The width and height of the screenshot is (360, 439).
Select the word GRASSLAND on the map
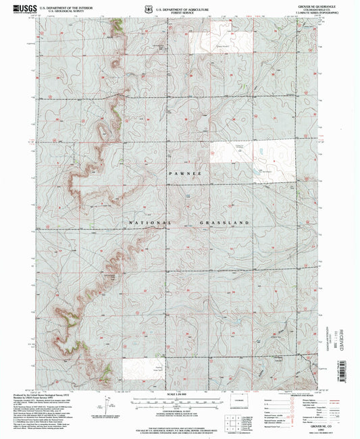[x=226, y=222]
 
